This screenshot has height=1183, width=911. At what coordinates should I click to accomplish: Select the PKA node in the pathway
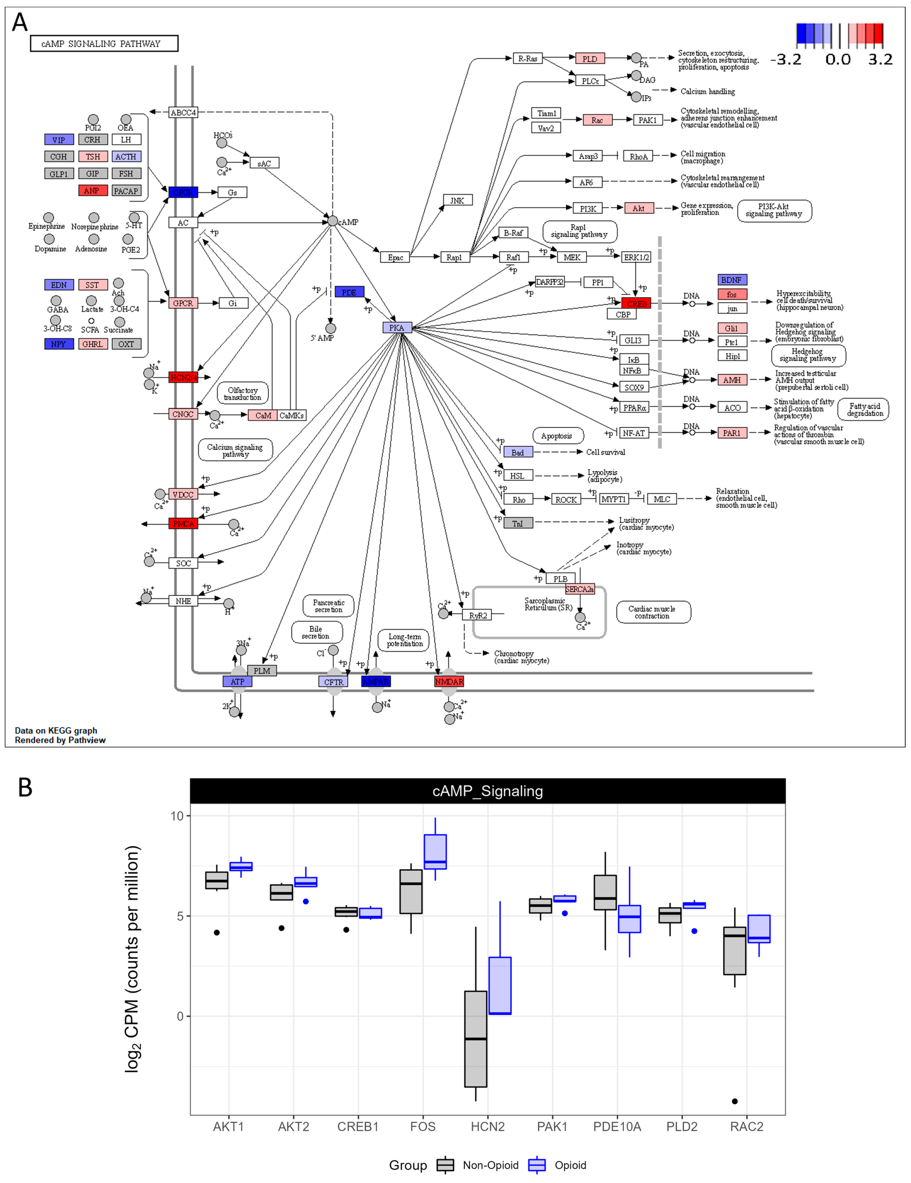pyautogui.click(x=396, y=328)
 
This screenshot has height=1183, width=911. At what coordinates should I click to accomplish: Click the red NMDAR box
pyautogui.click(x=449, y=681)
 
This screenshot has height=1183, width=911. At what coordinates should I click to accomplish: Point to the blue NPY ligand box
pyautogui.click(x=59, y=344)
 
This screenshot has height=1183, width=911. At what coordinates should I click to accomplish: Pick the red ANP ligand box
pyautogui.click(x=93, y=191)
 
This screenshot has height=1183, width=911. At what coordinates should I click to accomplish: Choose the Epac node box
pyautogui.click(x=395, y=257)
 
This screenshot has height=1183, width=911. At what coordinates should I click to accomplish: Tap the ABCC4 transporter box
pyautogui.click(x=183, y=112)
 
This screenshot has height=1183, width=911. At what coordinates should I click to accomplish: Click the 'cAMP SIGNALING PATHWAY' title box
pyautogui.click(x=104, y=43)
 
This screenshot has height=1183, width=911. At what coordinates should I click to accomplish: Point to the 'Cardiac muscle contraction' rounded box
pyautogui.click(x=653, y=612)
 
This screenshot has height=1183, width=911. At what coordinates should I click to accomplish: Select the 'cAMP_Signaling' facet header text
pyautogui.click(x=487, y=791)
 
